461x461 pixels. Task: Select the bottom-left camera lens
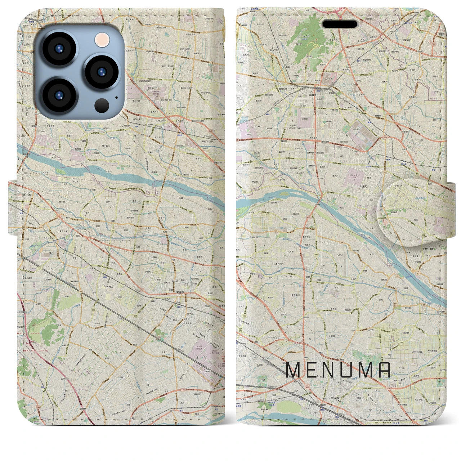click(59, 95)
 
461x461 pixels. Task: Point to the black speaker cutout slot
click(340, 24)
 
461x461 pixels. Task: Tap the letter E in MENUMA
click(314, 370)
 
